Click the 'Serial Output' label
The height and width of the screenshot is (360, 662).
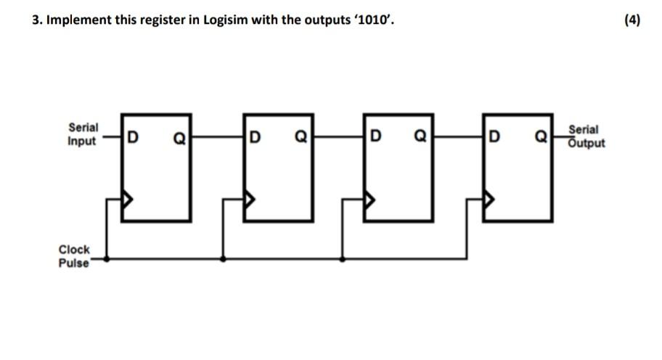coord(587,136)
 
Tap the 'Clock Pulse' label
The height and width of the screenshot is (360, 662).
coord(74,256)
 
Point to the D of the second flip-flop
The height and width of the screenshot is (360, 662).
coord(254,136)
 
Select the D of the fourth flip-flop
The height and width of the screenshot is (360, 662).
coord(495,136)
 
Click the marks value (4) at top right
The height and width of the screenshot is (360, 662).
coord(632,20)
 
